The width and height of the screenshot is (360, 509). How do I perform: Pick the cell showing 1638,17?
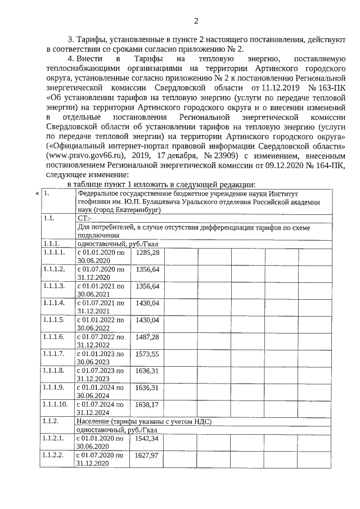click(147, 404)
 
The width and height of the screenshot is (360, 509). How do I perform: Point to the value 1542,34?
click(147, 438)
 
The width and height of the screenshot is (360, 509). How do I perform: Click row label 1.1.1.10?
click(55, 404)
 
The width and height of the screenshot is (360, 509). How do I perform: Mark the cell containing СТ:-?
click(85, 217)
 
